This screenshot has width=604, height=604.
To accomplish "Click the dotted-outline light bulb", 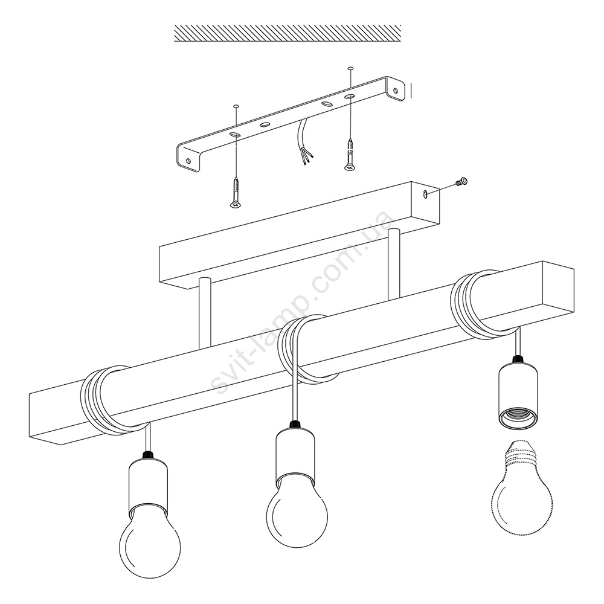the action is point(522,487).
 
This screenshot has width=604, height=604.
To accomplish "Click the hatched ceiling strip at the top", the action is point(288,33).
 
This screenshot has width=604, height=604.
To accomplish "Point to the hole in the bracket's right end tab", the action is point(396,91).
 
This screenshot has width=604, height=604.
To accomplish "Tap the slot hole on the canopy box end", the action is point(425,194).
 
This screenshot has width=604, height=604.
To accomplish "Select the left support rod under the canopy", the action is point(205,313).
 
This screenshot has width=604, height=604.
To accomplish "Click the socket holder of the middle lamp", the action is point(296,455).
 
